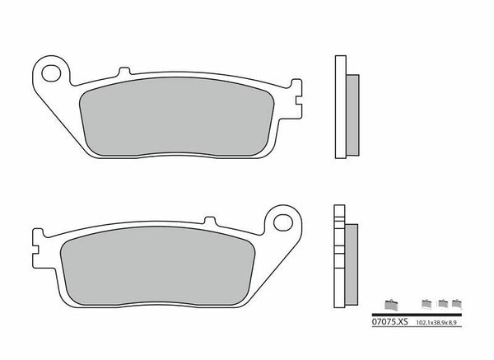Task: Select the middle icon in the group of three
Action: [443, 302]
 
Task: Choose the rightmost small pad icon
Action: [458, 302]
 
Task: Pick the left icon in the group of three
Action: [426, 302]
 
